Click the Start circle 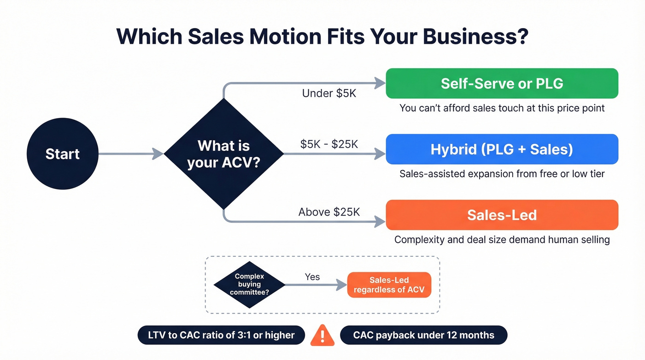pyautogui.click(x=63, y=153)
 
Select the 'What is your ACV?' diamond pyautogui.click(x=223, y=153)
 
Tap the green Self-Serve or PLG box pyautogui.click(x=502, y=83)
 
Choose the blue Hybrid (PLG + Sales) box pyautogui.click(x=502, y=149)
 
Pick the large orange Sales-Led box pyautogui.click(x=502, y=215)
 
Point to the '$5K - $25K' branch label pyautogui.click(x=329, y=144)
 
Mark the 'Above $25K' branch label pyautogui.click(x=329, y=212)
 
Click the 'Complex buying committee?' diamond pyautogui.click(x=249, y=284)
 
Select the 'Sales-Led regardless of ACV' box pyautogui.click(x=389, y=285)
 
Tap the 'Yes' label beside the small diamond pyautogui.click(x=312, y=277)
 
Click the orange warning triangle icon pyautogui.click(x=322, y=335)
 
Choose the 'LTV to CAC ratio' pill pyautogui.click(x=221, y=335)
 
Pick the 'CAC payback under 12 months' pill pyautogui.click(x=423, y=335)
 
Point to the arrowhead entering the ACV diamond pyautogui.click(x=158, y=153)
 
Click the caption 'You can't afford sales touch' pyautogui.click(x=502, y=108)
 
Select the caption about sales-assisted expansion pyautogui.click(x=502, y=174)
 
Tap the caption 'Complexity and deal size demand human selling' pyautogui.click(x=502, y=240)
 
